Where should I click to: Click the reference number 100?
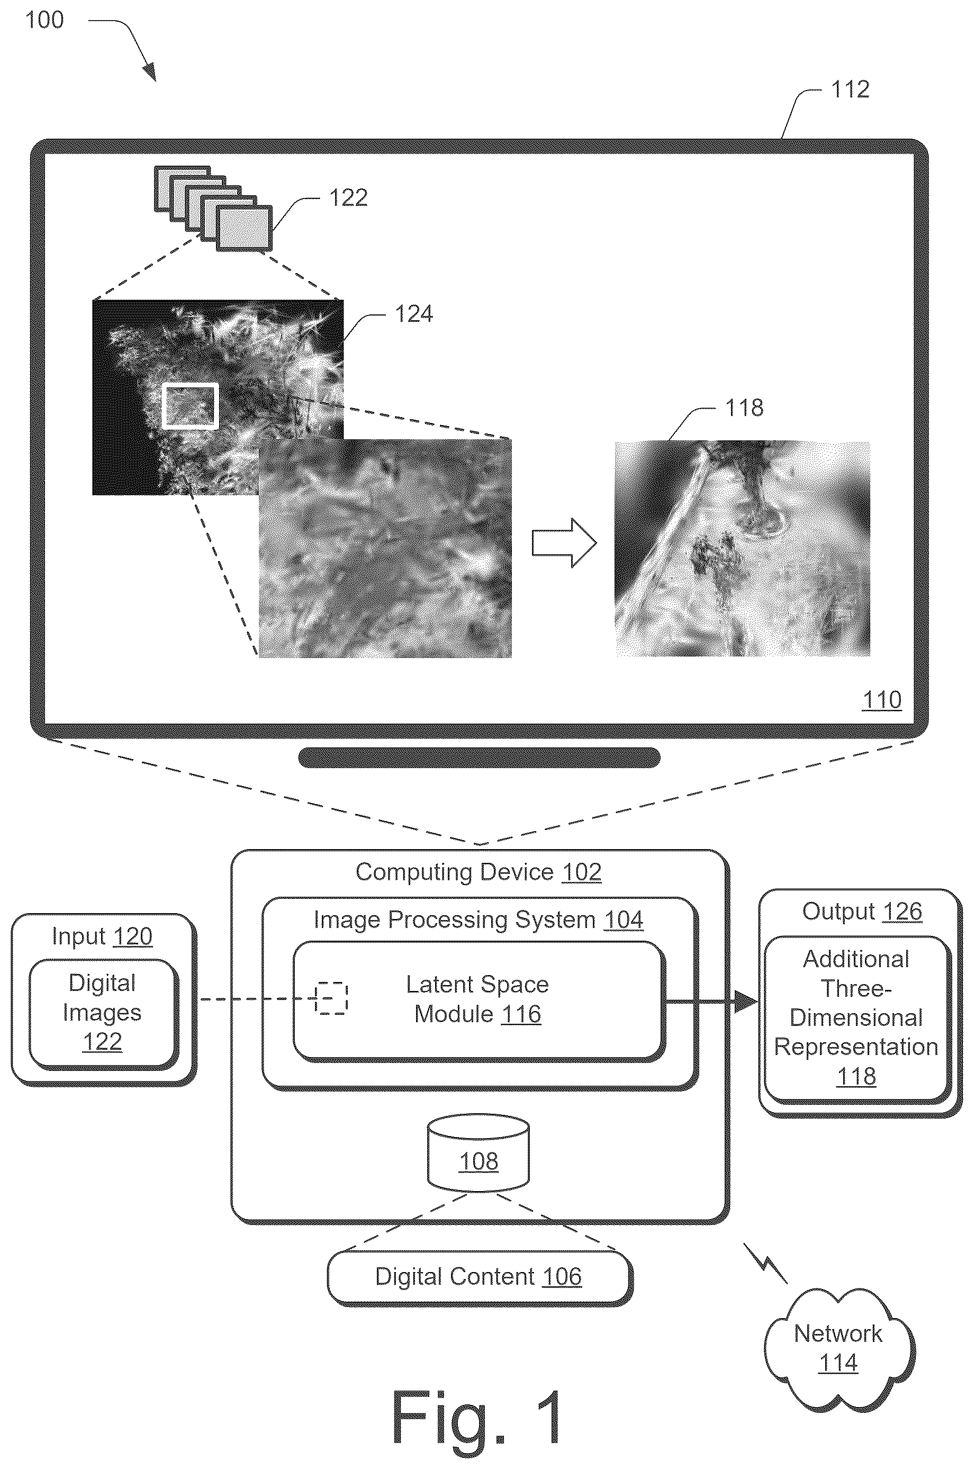tap(44, 20)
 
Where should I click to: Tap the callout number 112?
tap(850, 89)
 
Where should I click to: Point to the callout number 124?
tap(414, 314)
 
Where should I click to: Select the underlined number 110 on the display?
tap(881, 700)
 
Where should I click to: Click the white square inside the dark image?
tap(190, 405)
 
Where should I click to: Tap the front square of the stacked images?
tap(244, 229)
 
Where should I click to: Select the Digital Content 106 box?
tap(479, 1278)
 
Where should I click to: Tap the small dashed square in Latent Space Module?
tap(331, 998)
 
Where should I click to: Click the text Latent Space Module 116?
tap(477, 999)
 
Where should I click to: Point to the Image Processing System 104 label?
tap(479, 920)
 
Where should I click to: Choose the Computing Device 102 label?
tap(479, 872)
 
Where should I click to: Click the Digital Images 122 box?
tap(103, 1014)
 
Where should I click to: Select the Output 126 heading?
tap(862, 912)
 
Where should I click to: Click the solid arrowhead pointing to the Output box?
tap(745, 1001)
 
